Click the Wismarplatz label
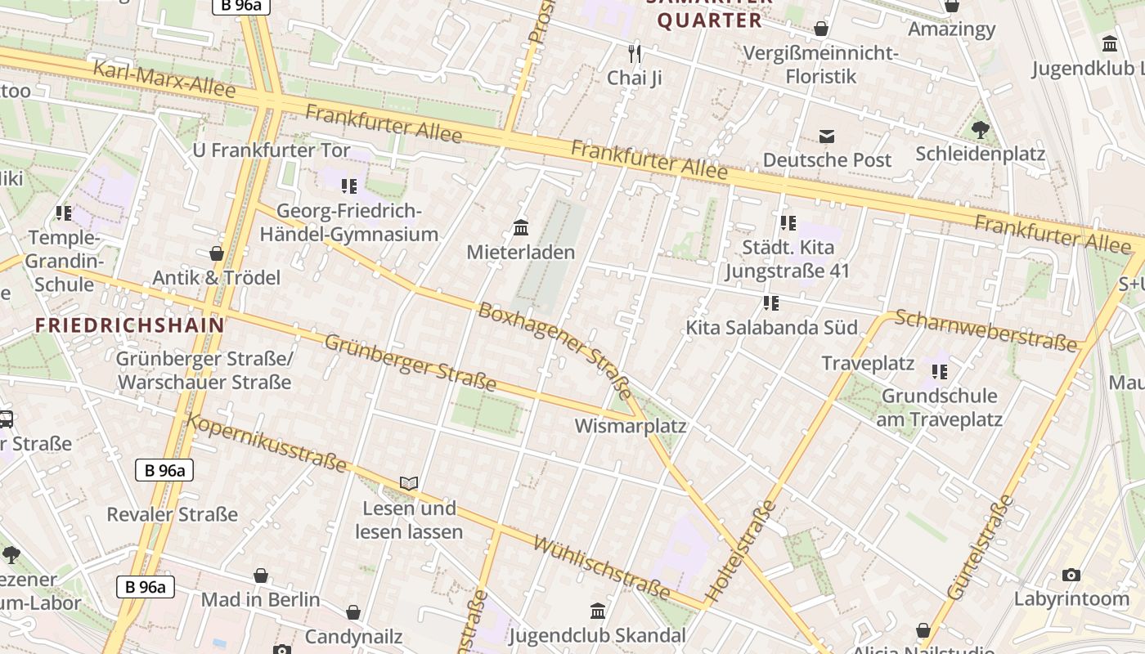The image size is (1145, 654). tap(630, 426)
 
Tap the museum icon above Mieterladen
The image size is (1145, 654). tap(520, 227)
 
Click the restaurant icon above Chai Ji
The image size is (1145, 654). tap(635, 54)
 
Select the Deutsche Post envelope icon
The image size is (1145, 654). tap(827, 136)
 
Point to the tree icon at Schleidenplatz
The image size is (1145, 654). tap(980, 129)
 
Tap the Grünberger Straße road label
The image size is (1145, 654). tap(411, 362)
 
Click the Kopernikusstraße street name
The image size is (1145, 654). tap(267, 442)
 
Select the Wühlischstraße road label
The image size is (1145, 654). tap(601, 567)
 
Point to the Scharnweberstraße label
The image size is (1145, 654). tap(986, 330)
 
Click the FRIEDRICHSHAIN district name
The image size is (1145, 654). tap(129, 325)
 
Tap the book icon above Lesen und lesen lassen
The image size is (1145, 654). tap(409, 483)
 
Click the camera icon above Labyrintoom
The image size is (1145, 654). tap(1071, 576)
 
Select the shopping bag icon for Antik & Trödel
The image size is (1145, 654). tap(217, 253)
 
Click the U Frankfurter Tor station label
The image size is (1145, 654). tap(271, 150)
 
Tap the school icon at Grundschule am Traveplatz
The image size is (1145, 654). tap(940, 372)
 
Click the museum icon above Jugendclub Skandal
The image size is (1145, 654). tap(598, 611)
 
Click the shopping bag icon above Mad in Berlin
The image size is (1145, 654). tap(260, 576)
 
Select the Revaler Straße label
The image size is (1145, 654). tap(172, 514)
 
